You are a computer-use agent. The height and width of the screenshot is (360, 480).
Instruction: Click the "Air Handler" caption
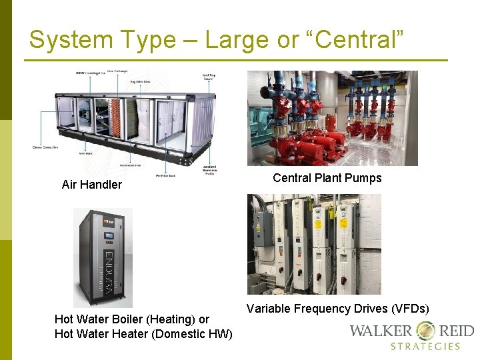[91, 185]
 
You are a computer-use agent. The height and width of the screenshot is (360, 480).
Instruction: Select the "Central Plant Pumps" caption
[327, 178]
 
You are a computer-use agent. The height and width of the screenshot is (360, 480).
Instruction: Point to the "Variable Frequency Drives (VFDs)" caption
[337, 309]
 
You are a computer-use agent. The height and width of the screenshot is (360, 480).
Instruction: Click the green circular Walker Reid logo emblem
[426, 331]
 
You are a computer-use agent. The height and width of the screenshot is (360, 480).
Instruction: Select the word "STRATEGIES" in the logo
[425, 347]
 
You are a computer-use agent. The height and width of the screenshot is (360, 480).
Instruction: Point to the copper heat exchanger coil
[116, 119]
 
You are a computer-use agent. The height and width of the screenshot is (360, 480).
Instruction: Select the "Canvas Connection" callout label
[45, 147]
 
